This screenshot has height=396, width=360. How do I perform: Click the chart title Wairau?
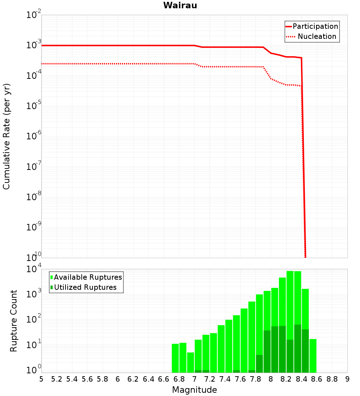pyautogui.click(x=180, y=5)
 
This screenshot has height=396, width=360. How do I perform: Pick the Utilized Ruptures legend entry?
pyautogui.click(x=85, y=287)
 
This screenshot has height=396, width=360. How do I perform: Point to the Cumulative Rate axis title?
pyautogui.click(x=6, y=136)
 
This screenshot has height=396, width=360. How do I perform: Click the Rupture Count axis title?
pyautogui.click(x=14, y=321)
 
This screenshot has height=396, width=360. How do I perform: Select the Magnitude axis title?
pyautogui.click(x=194, y=390)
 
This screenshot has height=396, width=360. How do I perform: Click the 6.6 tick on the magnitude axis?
pyautogui.click(x=164, y=379)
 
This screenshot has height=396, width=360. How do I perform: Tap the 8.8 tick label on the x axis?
pyautogui.click(x=332, y=379)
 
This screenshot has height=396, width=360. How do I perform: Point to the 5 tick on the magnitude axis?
pyautogui.click(x=41, y=379)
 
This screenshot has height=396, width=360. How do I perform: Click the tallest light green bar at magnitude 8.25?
pyautogui.click(x=290, y=306)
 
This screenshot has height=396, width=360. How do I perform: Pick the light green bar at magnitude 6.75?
pyautogui.click(x=175, y=358)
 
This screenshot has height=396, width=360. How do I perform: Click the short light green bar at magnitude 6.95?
pyautogui.click(x=190, y=363)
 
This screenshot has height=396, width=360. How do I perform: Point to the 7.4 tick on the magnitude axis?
pyautogui.click(x=225, y=379)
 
